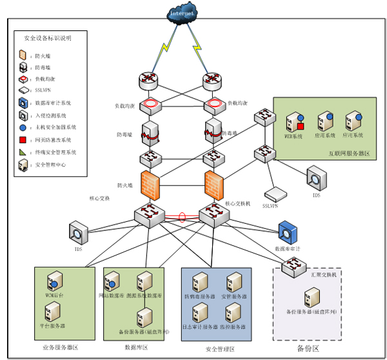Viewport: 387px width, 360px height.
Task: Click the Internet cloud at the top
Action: pos(183,14)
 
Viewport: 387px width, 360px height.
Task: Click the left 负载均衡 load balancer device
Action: pos(150,103)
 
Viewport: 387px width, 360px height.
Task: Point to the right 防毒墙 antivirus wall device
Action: pos(213,130)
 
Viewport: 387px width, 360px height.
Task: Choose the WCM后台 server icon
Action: pos(54,281)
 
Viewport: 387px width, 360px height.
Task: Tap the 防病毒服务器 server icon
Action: pos(199,283)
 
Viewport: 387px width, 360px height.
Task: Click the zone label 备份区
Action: pos(308,348)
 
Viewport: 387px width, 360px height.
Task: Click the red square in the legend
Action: pos(23,139)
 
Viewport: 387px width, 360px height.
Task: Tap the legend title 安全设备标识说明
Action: pos(48,38)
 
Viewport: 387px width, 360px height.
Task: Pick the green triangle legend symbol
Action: pos(23,152)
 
